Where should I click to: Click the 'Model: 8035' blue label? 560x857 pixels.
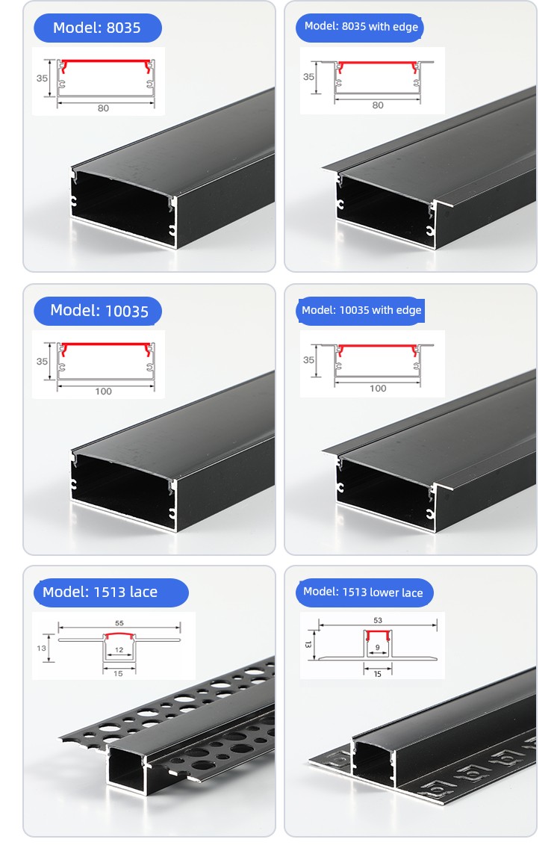(x=97, y=28)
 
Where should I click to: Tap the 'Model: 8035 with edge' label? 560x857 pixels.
(x=361, y=27)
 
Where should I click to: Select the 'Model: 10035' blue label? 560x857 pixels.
(x=99, y=311)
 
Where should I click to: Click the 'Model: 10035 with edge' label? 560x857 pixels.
(x=361, y=310)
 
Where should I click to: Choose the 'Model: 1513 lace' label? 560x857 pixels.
(x=111, y=593)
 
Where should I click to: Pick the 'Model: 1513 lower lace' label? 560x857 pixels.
(x=364, y=593)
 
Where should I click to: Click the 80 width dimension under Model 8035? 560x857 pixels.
(x=103, y=108)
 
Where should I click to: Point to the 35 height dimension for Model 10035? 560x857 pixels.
(x=42, y=362)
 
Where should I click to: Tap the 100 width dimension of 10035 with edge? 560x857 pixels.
(x=378, y=389)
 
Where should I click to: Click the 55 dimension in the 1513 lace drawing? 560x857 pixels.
(x=119, y=623)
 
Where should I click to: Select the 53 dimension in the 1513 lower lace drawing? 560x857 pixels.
(x=378, y=620)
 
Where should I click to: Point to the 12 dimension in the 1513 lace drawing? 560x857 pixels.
(x=119, y=650)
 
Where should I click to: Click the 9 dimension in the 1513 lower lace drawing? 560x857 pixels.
(x=378, y=648)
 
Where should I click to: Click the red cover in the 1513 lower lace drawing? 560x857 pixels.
(x=378, y=632)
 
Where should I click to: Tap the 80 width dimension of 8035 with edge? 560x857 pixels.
(x=378, y=105)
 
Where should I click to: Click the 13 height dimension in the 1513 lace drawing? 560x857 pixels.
(x=42, y=649)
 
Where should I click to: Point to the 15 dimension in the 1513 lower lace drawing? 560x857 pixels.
(x=378, y=675)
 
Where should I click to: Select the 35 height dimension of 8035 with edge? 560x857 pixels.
(x=308, y=77)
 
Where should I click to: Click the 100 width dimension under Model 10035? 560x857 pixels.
(x=103, y=392)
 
